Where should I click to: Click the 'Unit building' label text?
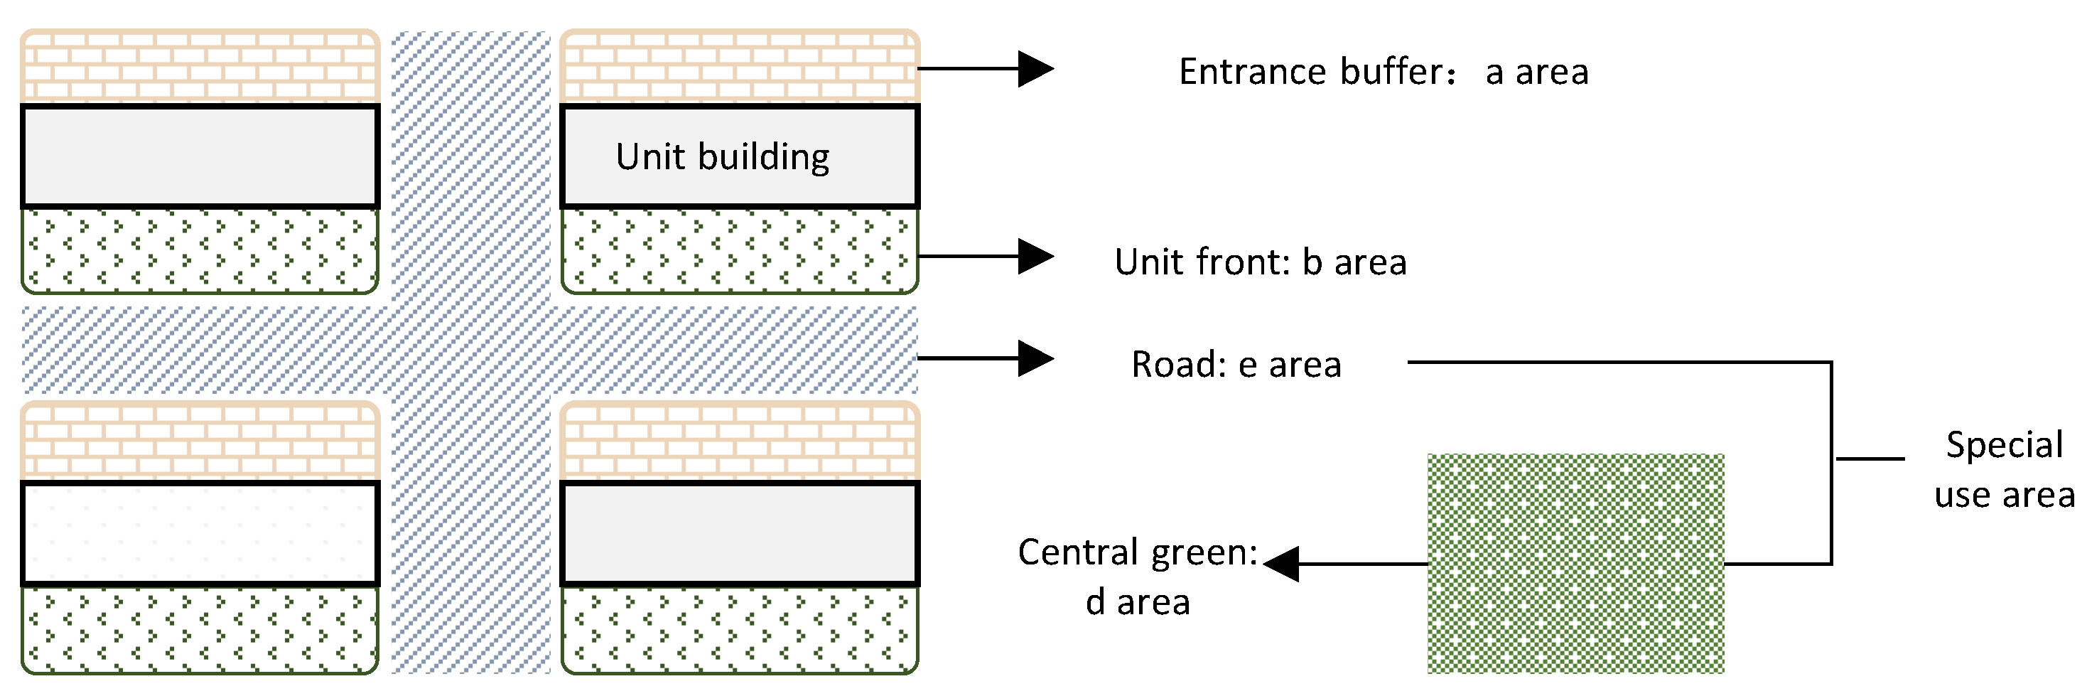coord(722,156)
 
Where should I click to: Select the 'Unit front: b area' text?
coord(1260,262)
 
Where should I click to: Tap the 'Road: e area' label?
coord(1236,365)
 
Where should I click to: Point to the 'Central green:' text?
coord(1137,552)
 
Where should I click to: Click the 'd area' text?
coord(1137,602)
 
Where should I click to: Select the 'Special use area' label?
coord(2004,470)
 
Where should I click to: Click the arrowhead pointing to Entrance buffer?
coord(1035,69)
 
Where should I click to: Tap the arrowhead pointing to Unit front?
coord(1035,256)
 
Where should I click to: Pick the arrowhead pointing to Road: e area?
coord(1035,358)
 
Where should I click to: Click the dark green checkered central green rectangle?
coord(1575,564)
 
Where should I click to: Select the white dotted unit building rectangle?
coord(200,533)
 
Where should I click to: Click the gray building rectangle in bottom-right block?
coord(739,533)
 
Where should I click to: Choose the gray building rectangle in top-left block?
coord(200,156)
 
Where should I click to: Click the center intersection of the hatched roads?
coord(470,350)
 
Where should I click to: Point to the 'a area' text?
coord(1536,72)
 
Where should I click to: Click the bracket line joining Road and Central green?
coord(1831,462)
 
